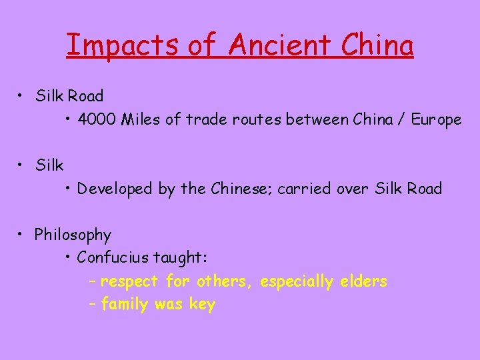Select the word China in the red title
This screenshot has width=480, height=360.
pyautogui.click(x=377, y=45)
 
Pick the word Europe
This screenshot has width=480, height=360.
pyautogui.click(x=436, y=120)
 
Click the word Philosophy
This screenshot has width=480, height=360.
pyautogui.click(x=73, y=235)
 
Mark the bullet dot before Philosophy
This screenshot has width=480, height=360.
pyautogui.click(x=22, y=234)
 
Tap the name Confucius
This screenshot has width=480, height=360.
pyautogui.click(x=113, y=257)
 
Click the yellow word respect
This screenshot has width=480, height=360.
pyautogui.click(x=129, y=281)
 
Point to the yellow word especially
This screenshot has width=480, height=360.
pyautogui.click(x=297, y=282)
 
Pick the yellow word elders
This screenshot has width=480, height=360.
pyautogui.click(x=363, y=281)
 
